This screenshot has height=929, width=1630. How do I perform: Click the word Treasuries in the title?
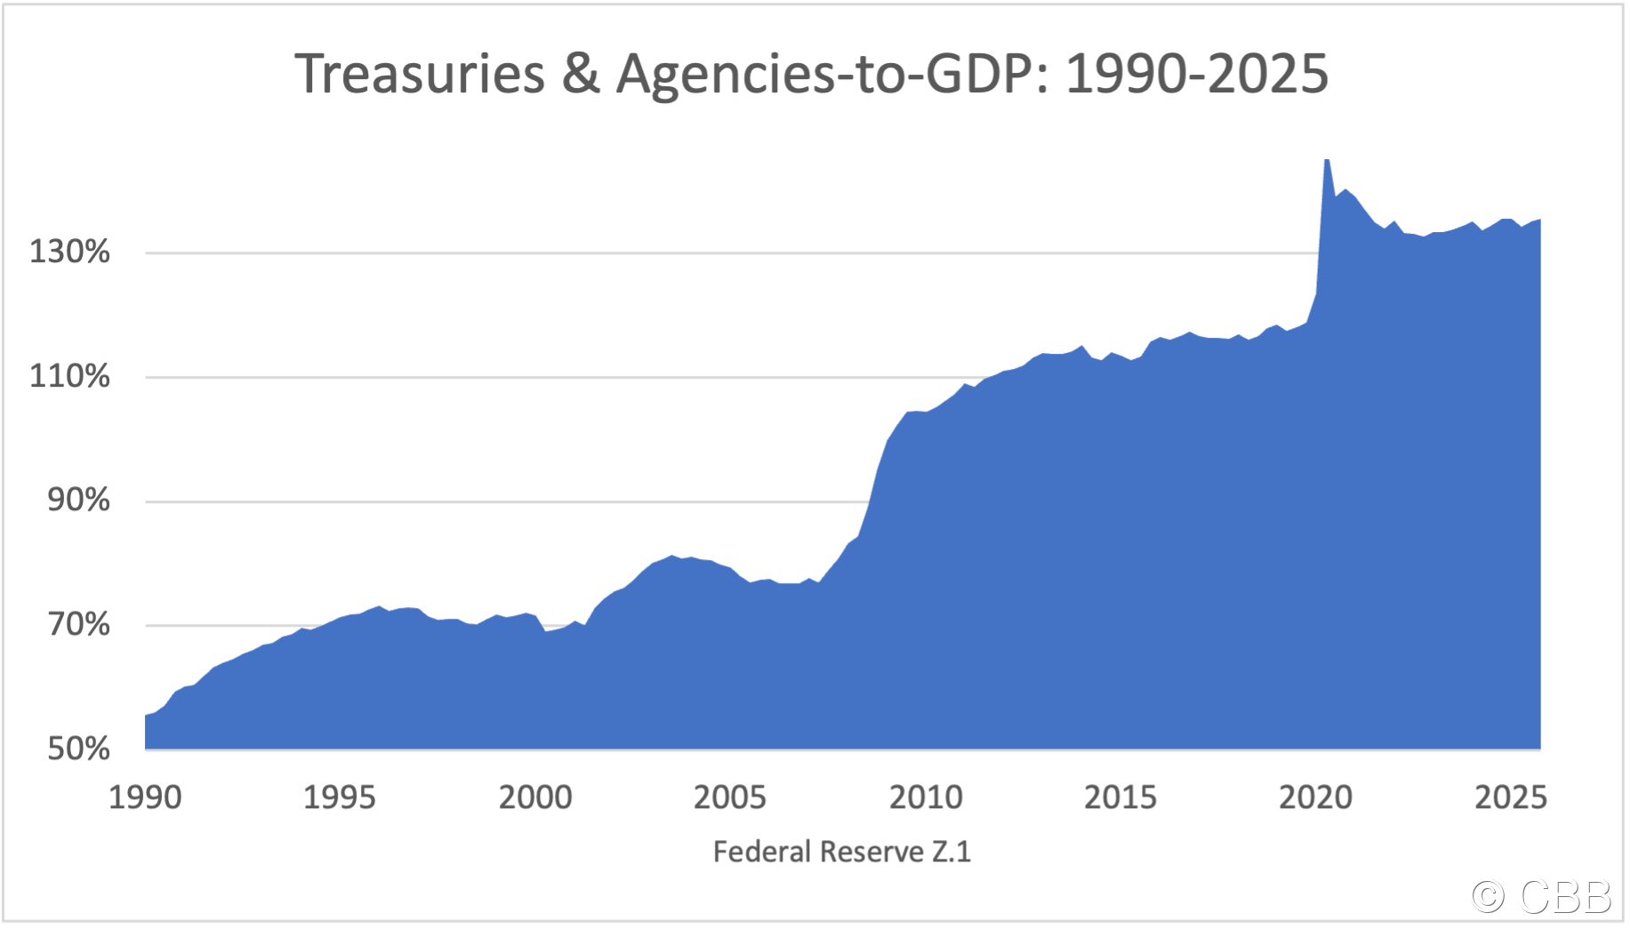click(420, 73)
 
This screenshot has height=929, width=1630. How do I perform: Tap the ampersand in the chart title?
click(581, 73)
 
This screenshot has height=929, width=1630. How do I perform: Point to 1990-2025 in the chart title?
click(1197, 73)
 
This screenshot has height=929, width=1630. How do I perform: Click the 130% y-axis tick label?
click(70, 252)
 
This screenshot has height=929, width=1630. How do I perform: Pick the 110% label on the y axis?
click(70, 376)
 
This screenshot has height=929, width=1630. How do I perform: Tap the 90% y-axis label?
click(79, 500)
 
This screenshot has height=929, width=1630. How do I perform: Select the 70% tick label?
click(79, 624)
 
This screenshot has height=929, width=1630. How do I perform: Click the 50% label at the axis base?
click(79, 749)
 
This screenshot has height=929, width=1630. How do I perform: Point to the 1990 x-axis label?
click(145, 797)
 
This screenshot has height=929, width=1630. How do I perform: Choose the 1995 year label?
click(340, 797)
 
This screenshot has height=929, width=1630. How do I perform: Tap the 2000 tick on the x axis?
click(535, 797)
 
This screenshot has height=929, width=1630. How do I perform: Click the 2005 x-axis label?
click(730, 797)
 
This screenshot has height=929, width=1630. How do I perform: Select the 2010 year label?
click(926, 797)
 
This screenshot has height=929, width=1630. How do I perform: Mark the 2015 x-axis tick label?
click(1120, 797)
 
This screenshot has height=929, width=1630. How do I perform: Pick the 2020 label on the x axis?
click(1316, 797)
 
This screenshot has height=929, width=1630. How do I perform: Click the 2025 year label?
click(1511, 797)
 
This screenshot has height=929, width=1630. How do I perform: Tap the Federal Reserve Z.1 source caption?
click(842, 852)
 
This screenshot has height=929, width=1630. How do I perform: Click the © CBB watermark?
click(1541, 896)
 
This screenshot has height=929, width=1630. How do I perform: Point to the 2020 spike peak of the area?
click(1327, 161)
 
